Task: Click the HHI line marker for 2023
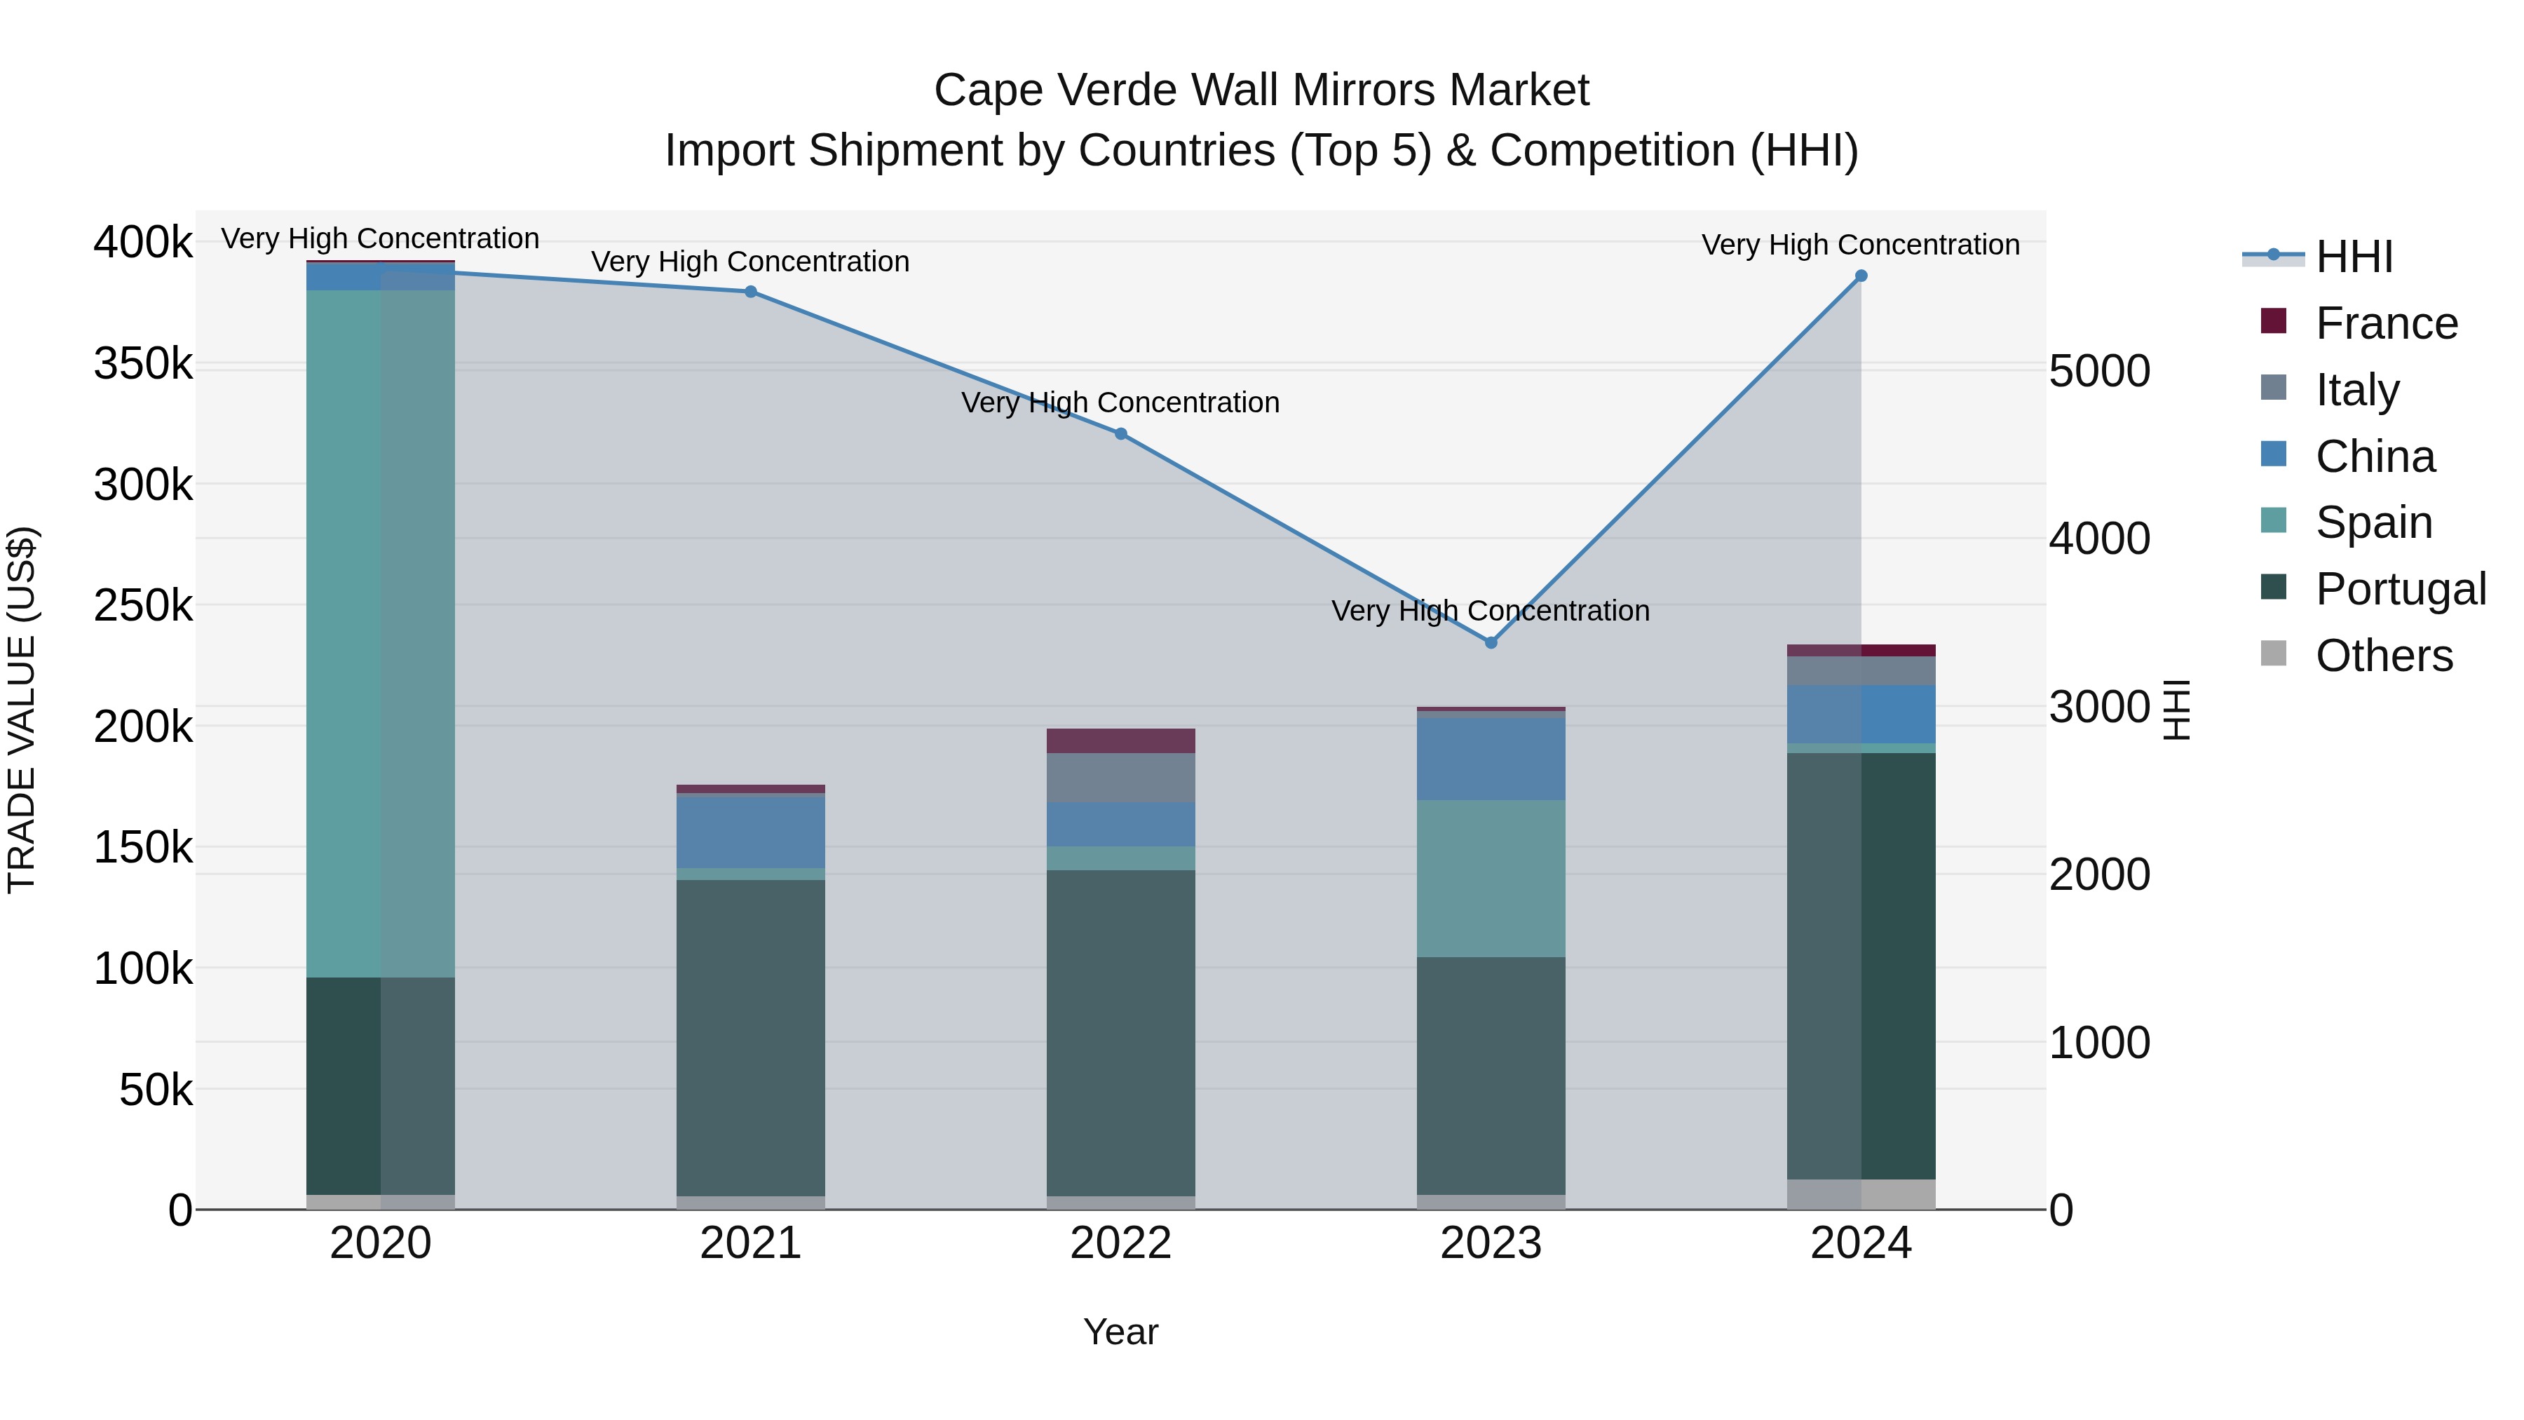1491,643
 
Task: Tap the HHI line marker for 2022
1121,434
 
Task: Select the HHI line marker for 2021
750,292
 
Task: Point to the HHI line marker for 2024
1861,276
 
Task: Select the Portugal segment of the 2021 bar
750,1037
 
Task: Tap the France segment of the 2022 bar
1121,741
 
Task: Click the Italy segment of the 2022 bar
1121,778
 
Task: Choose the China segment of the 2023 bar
1491,759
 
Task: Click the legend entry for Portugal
2401,589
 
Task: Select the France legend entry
2386,323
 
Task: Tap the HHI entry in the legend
2354,257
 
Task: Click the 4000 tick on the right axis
2098,539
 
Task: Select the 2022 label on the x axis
1121,1243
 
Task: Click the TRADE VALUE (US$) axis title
22,710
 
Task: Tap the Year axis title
1121,1332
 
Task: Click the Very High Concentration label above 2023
1491,611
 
